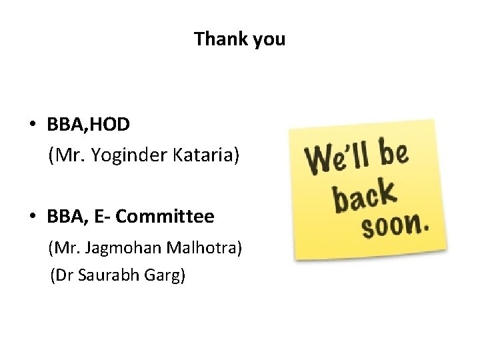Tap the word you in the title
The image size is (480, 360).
click(269, 40)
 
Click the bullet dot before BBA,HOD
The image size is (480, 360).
click(32, 125)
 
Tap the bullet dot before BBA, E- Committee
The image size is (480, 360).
click(32, 217)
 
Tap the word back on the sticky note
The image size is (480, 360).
click(364, 195)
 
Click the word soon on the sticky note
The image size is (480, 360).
click(390, 227)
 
